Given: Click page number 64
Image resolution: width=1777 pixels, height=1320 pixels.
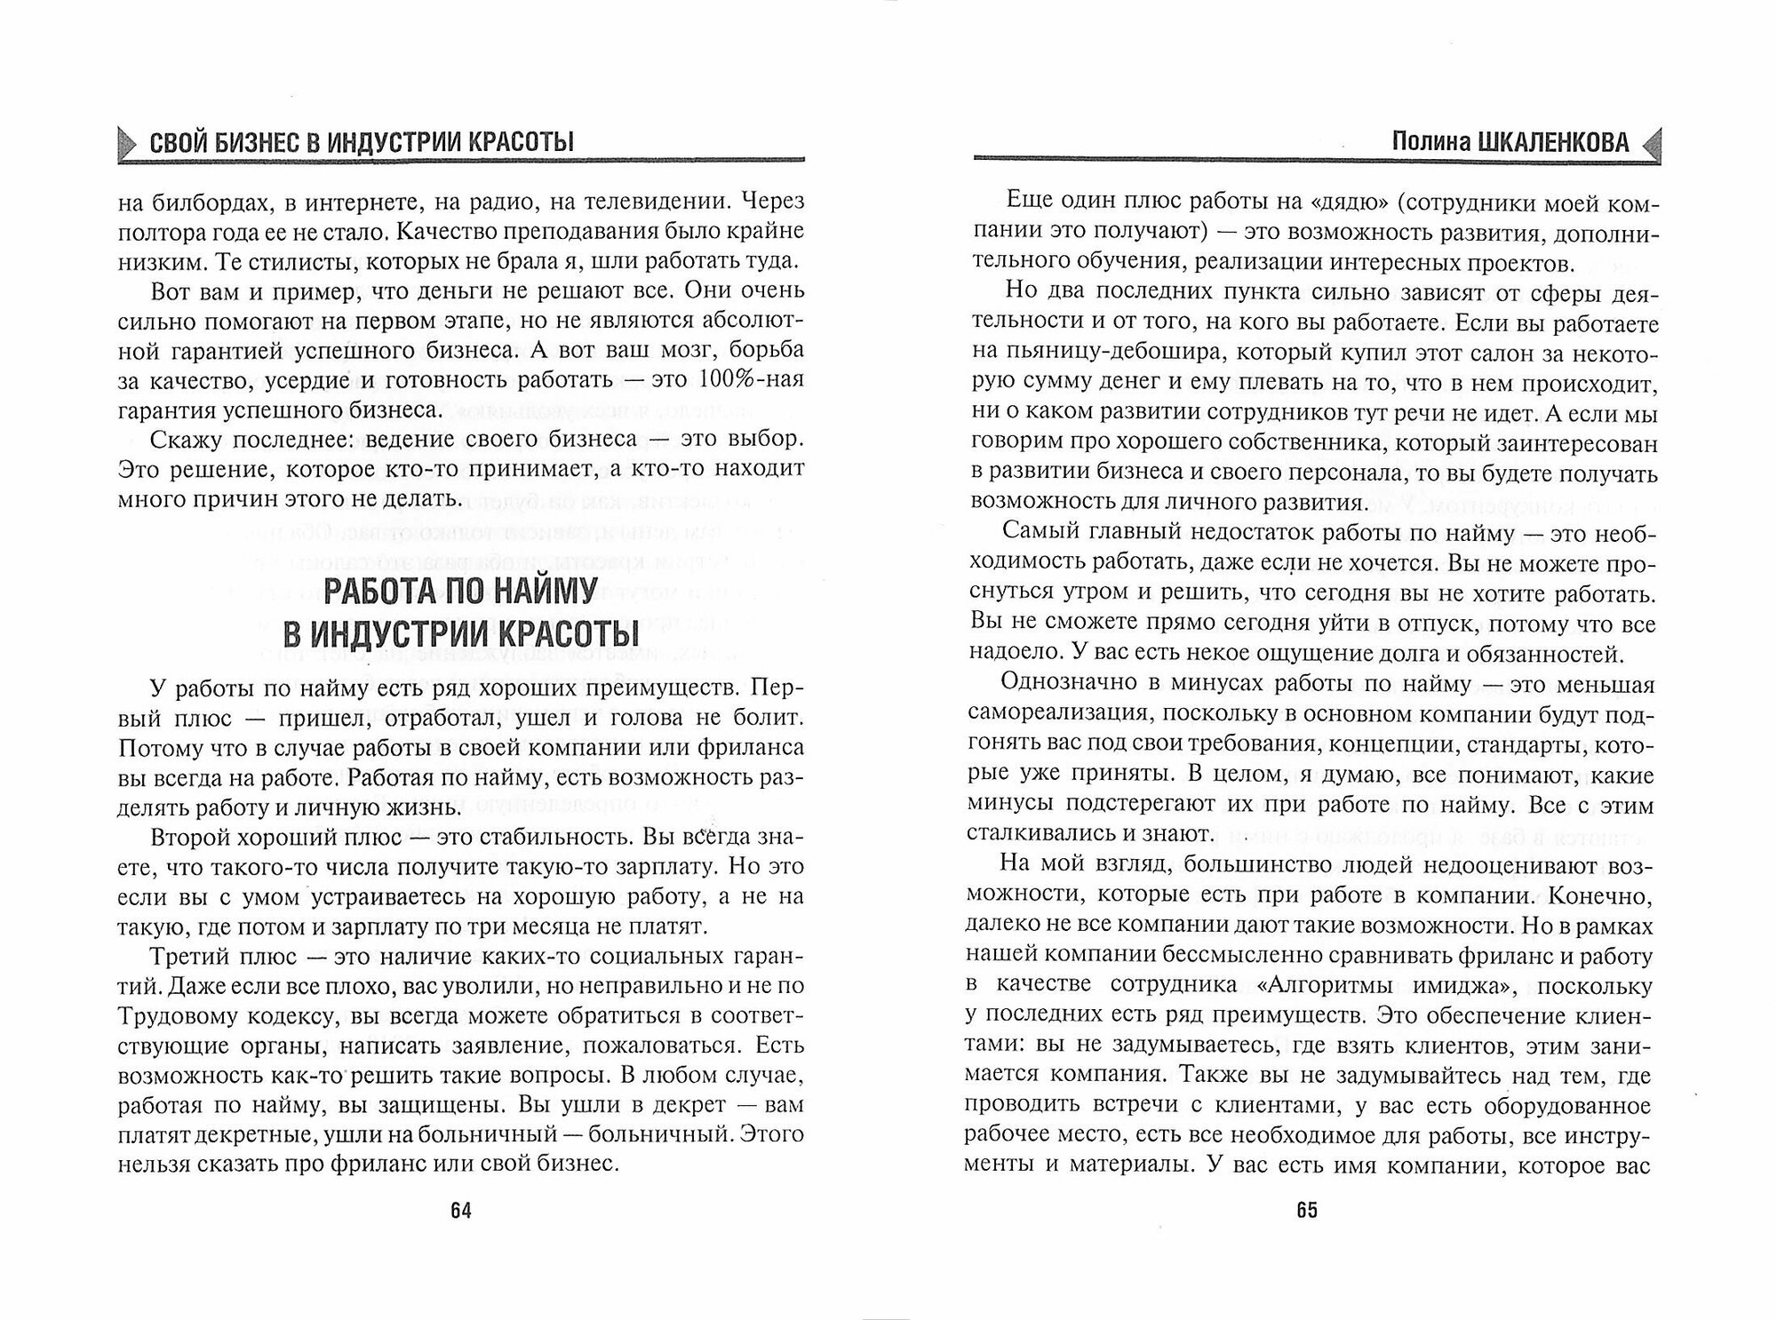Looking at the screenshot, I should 460,1211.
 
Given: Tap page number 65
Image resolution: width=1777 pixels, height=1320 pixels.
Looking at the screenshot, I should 1307,1211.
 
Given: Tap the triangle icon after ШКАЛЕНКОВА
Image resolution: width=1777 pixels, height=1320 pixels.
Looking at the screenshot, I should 1651,142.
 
